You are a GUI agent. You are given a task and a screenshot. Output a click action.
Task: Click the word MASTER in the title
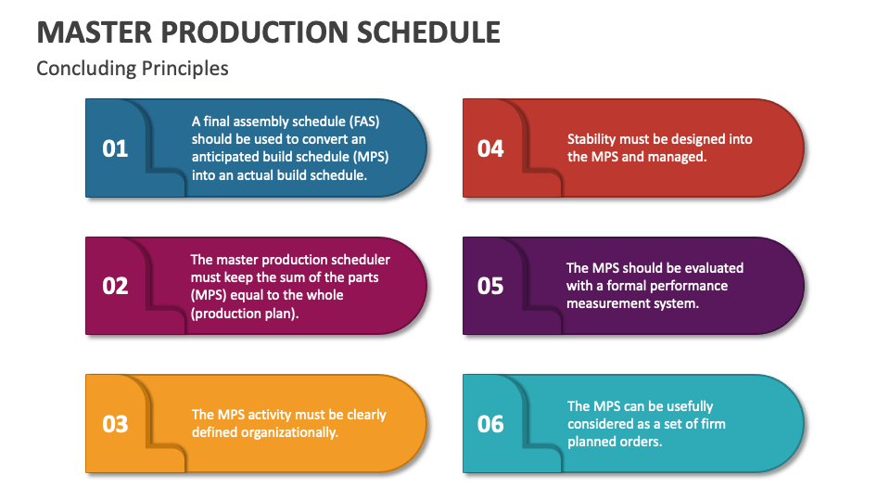click(95, 32)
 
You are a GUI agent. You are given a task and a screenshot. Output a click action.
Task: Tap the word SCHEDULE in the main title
click(428, 32)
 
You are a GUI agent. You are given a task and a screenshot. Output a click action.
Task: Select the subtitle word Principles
click(185, 69)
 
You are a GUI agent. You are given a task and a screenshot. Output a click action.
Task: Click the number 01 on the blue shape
click(115, 148)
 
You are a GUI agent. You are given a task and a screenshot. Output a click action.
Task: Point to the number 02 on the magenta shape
click(115, 286)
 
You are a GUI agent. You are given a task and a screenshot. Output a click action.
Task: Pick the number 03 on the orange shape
click(115, 424)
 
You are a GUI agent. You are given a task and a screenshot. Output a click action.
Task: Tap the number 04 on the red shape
click(490, 148)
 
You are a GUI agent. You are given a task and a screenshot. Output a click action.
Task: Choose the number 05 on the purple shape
click(490, 286)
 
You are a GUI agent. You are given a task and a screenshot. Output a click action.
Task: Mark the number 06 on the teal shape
click(490, 424)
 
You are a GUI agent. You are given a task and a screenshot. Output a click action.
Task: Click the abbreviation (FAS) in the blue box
click(364, 122)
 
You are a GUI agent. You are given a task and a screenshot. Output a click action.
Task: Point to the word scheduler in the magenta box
click(361, 260)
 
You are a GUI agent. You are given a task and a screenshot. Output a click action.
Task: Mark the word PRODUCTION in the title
click(254, 32)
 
